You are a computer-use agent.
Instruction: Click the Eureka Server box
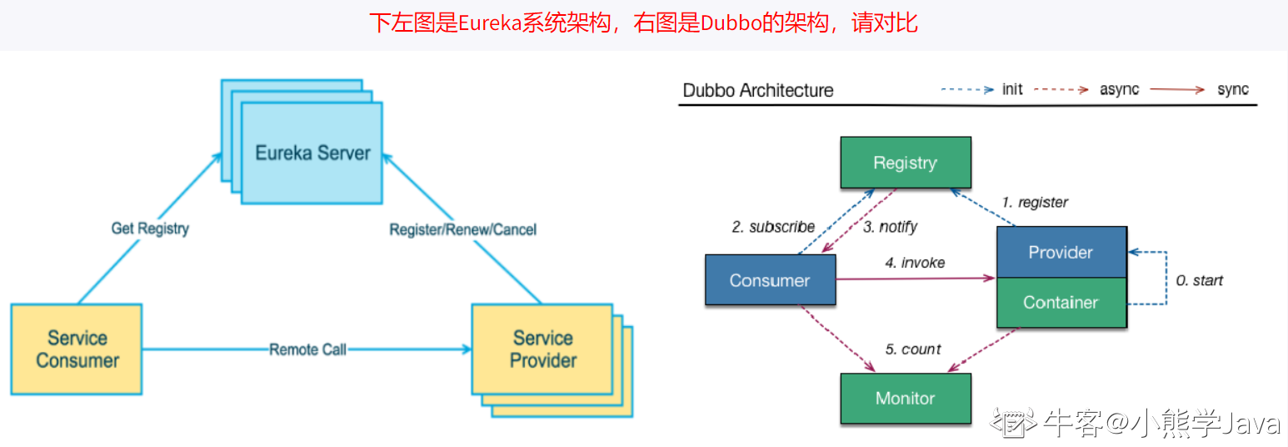pos(312,153)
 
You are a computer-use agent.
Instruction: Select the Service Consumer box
pos(77,349)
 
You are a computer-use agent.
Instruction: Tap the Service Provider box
pos(542,349)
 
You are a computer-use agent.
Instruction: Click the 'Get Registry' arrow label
pos(150,228)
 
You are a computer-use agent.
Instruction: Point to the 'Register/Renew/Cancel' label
pos(462,229)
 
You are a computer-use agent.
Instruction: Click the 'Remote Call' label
pos(307,349)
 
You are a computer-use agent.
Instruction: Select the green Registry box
pos(905,163)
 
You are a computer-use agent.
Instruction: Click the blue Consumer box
pos(769,280)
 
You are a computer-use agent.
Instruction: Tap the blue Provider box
pos(1061,252)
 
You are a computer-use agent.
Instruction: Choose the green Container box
pos(1061,302)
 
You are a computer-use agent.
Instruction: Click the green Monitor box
pos(905,399)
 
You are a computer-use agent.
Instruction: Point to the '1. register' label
pos(1035,202)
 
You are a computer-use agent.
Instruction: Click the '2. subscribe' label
pos(773,227)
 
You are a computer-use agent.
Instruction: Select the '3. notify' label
pos(890,227)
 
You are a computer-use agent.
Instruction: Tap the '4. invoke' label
pos(915,263)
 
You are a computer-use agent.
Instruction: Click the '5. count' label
pos(913,349)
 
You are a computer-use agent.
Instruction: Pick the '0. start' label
pos(1199,280)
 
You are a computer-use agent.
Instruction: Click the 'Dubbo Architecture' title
pos(757,90)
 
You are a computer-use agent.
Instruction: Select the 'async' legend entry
pos(1119,89)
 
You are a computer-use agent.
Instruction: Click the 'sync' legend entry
pos(1233,89)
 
